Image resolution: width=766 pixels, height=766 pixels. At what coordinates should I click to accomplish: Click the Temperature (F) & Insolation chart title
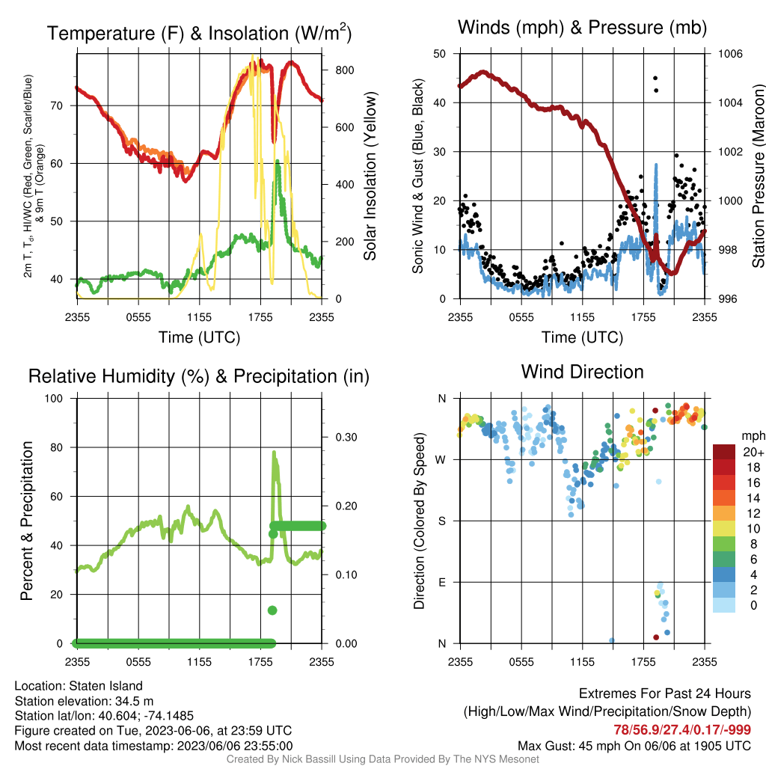pos(199,33)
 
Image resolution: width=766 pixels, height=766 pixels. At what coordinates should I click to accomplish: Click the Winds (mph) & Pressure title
pos(582,28)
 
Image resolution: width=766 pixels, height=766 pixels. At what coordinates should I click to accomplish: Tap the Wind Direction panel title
pos(582,372)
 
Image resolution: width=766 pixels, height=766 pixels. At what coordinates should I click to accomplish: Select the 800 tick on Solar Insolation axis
pos(344,70)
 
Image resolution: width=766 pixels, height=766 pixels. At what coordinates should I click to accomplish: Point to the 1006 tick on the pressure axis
pos(730,54)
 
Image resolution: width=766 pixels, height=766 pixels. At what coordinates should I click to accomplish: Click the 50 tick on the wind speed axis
pos(440,54)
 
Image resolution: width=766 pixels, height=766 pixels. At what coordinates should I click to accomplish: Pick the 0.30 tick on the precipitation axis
pos(346,437)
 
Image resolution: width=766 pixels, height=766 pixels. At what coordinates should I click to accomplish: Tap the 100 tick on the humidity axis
pos(54,398)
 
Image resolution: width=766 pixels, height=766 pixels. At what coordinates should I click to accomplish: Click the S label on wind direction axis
pos(442,521)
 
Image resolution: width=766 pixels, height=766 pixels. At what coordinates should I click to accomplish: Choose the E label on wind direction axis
pos(442,582)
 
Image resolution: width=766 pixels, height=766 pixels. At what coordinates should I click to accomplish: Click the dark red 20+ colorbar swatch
pos(724,452)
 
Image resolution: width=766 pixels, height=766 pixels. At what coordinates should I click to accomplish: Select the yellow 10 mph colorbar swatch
pos(724,529)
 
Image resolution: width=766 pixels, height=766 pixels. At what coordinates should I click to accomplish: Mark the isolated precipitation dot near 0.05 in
pos(272,610)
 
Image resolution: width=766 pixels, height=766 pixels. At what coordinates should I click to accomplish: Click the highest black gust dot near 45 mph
pos(655,78)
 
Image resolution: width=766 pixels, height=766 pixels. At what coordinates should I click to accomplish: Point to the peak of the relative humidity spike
pos(274,453)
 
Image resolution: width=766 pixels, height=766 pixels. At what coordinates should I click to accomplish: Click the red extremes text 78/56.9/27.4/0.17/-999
pos(682,729)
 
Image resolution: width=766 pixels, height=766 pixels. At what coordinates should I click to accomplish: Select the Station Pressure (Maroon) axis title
pos(758,176)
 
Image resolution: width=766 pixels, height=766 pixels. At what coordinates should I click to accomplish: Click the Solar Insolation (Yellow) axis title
pos(370,176)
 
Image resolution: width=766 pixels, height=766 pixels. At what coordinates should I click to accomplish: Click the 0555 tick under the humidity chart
pos(138,662)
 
